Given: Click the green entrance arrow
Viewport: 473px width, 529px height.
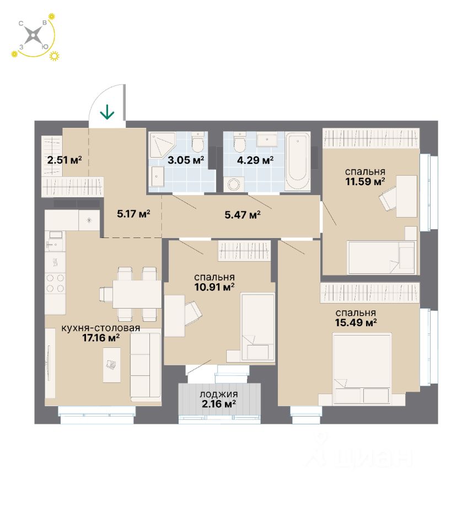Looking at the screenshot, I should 107,112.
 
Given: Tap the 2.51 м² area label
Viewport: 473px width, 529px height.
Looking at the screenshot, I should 64,160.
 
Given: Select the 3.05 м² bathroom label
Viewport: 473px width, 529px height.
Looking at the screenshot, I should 186,160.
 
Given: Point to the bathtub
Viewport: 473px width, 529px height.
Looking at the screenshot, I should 298,160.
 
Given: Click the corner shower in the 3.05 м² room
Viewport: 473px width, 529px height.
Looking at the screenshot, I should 164,144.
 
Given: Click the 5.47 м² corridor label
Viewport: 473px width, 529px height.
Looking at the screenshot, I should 241,214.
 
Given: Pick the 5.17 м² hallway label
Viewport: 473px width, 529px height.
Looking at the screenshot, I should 133,214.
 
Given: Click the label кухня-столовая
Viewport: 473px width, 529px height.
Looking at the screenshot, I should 101,328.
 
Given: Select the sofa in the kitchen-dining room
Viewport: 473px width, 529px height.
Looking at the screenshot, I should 145,366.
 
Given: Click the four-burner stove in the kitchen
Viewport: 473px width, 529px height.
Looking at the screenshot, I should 55,283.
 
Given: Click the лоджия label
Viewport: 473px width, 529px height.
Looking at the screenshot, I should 219,395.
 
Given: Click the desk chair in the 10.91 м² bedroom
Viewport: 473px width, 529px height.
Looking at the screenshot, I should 193,313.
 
